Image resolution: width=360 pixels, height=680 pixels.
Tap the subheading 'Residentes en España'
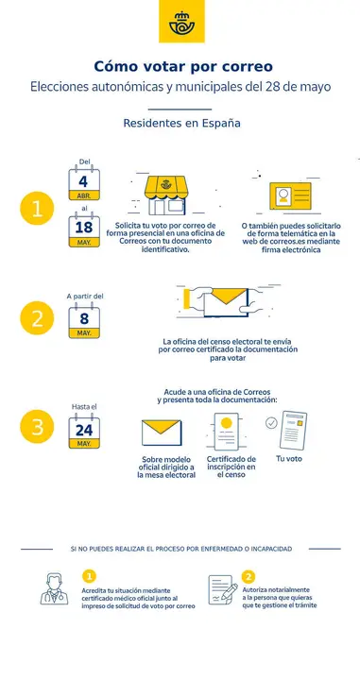180,124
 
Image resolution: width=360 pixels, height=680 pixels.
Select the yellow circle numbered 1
37,210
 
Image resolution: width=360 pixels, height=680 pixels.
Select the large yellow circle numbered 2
37,318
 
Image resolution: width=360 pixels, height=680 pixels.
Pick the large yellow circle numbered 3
37,426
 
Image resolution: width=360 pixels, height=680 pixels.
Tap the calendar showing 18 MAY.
84,230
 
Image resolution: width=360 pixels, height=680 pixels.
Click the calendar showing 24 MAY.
84,433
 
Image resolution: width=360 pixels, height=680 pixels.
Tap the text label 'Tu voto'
289,458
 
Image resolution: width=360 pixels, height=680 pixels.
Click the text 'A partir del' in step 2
85,296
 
